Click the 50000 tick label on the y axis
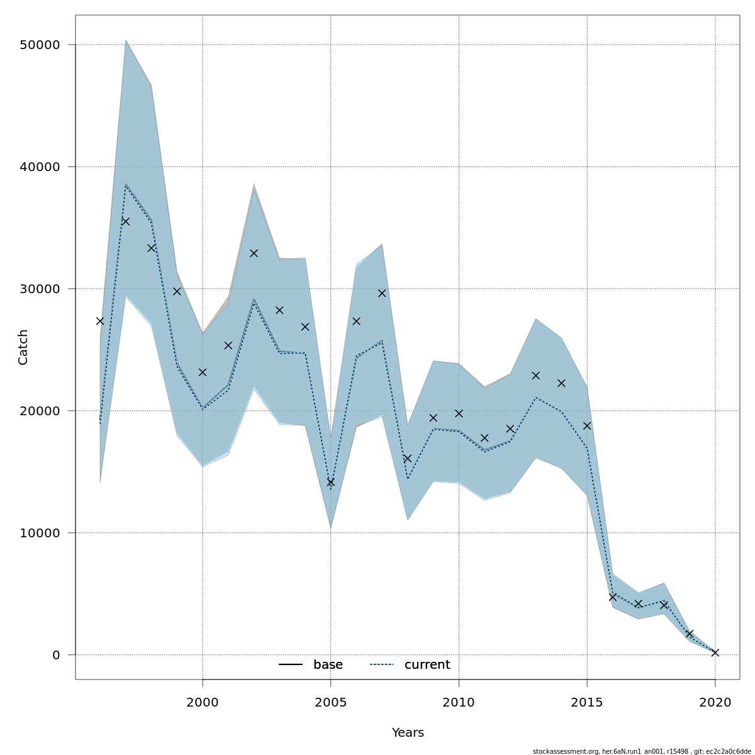click(42, 45)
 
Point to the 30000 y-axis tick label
click(42, 289)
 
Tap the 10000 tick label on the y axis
click(42, 533)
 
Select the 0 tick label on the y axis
click(56, 655)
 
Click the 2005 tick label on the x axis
click(331, 702)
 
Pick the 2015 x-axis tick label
click(587, 702)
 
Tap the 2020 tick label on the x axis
click(715, 702)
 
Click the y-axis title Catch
click(23, 347)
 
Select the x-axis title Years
click(408, 733)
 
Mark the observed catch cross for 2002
click(254, 253)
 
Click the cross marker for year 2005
click(331, 482)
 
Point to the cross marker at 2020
click(715, 652)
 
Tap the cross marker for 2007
click(382, 293)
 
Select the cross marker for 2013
click(536, 376)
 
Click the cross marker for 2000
click(203, 372)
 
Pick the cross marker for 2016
click(613, 597)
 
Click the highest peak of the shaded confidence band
click(126, 41)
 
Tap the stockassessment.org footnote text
click(642, 751)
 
